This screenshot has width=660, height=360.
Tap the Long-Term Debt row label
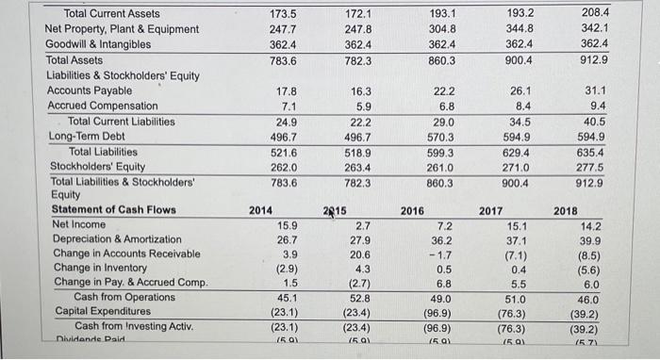84,136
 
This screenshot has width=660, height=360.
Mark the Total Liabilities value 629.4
519,152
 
